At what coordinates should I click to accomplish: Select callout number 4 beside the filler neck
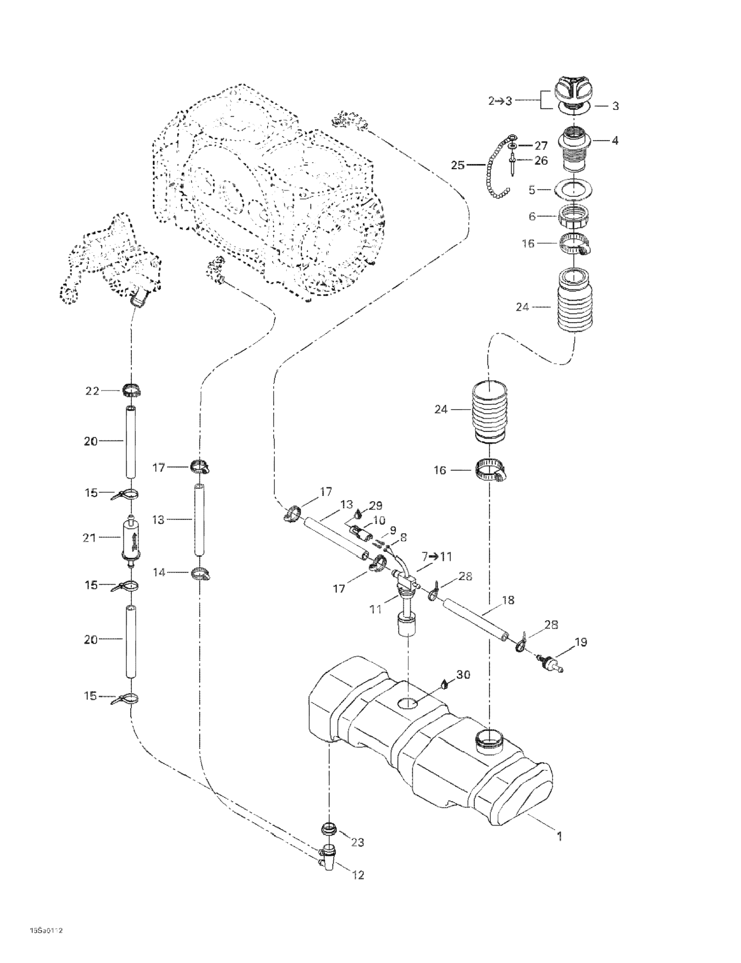point(615,141)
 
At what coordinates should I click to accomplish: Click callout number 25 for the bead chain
point(457,165)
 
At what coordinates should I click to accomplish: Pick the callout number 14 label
point(159,572)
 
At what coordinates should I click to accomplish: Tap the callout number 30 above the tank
point(463,675)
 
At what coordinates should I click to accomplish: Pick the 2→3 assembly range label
point(500,101)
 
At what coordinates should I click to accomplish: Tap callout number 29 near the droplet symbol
point(376,505)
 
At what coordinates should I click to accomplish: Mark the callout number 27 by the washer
point(540,146)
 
